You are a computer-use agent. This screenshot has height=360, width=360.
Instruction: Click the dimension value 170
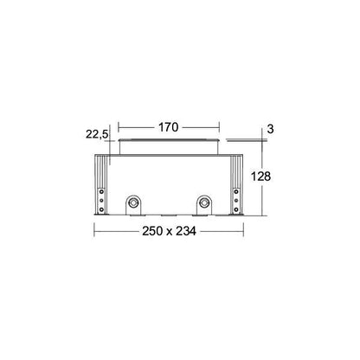169,127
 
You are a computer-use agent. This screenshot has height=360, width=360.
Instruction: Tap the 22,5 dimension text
97,134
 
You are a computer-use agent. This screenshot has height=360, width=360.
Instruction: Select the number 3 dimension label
270,129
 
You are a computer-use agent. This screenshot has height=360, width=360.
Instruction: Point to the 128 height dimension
260,177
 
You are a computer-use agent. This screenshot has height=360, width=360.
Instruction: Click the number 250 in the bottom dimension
152,231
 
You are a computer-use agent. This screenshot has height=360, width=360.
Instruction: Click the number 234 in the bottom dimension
186,231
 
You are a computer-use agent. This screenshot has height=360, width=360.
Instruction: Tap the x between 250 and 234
169,232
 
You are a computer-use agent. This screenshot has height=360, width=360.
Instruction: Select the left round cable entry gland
133,202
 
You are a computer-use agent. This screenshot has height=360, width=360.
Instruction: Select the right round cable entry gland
204,202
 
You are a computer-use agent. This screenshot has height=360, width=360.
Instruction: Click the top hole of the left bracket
101,191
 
